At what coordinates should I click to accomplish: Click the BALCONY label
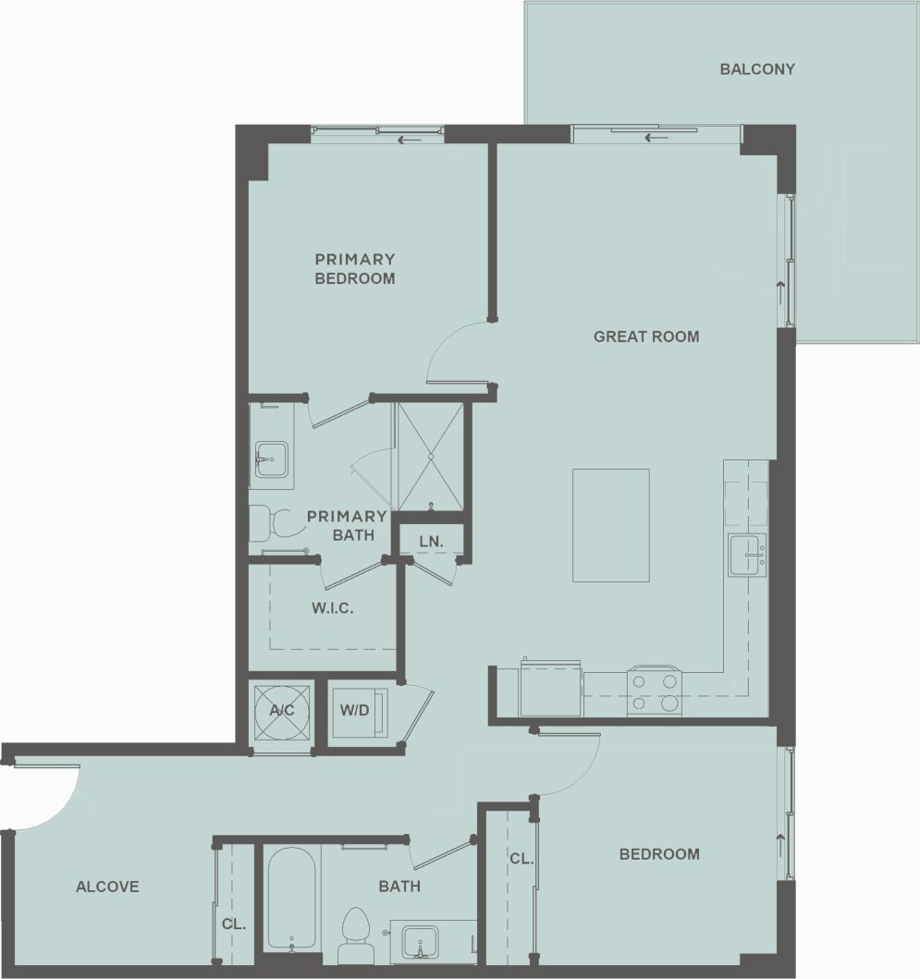757,68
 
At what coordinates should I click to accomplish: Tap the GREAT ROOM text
646,337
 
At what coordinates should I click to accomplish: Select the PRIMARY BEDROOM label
355,269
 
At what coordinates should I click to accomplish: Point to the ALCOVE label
107,887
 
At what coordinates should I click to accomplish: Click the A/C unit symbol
281,711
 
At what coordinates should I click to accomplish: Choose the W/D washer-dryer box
355,711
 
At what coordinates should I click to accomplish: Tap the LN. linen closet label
429,541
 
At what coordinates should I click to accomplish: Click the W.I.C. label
333,609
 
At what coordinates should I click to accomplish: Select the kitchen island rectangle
610,525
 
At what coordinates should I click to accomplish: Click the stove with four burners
654,691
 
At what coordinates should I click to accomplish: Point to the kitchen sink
746,555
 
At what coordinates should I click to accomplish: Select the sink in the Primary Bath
271,459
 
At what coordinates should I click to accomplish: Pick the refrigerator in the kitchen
550,688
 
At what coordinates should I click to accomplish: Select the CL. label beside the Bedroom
521,859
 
